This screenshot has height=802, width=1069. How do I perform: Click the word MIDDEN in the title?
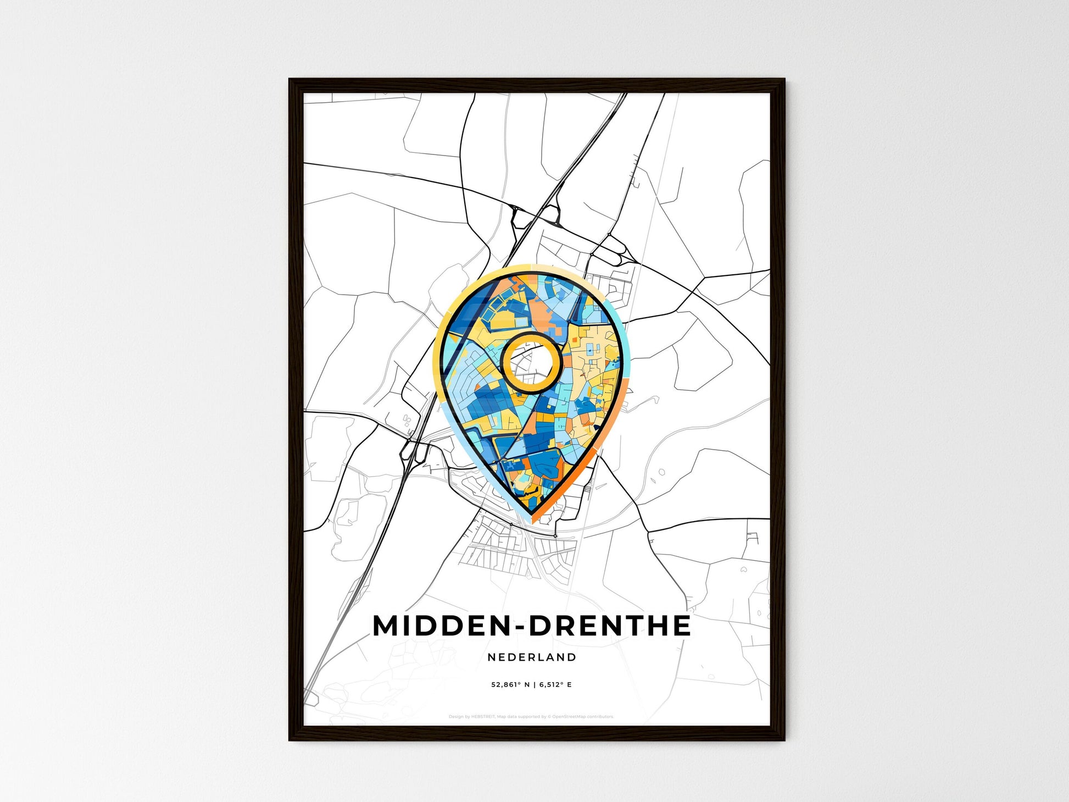439,626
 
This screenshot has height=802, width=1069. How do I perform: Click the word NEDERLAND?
532,657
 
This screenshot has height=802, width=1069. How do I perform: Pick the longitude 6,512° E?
555,685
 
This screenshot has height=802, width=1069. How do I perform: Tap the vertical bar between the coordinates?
534,685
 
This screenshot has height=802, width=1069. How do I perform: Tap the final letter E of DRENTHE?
682,626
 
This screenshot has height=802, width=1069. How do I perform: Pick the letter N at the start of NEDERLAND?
491,657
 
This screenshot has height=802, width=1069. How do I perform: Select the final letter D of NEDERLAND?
572,657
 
